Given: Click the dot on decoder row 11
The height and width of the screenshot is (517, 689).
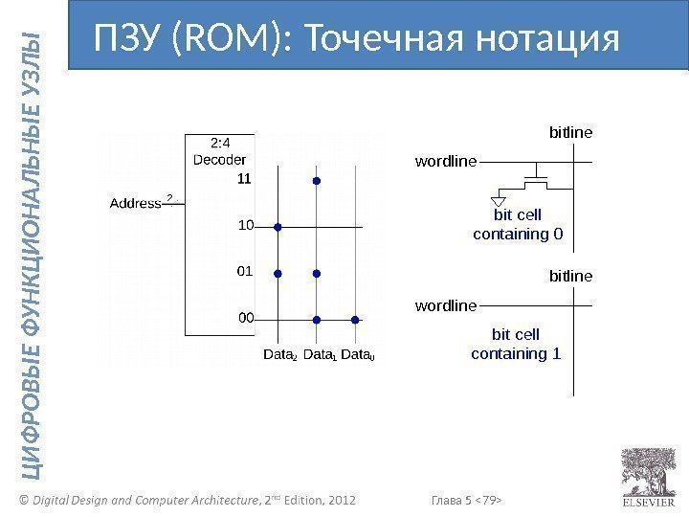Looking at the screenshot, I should point(316,179).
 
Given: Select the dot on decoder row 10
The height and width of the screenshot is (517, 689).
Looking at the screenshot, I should point(278,228).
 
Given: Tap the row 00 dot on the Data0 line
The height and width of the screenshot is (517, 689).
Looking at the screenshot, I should point(355,319).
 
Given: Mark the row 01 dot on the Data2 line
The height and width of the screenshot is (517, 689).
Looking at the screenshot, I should point(278,274).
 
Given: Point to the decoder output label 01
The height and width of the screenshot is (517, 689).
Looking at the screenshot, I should point(245,271).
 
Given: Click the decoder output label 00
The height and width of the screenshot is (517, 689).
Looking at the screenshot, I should point(246,317).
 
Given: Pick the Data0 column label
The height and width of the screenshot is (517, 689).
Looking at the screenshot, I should point(358,355).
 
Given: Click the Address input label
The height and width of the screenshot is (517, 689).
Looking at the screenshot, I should point(135,203).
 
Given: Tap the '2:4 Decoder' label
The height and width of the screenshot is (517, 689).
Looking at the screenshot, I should point(220,152).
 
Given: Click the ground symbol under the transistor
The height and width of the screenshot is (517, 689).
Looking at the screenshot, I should point(499,201).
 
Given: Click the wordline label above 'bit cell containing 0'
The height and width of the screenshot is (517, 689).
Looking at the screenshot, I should point(445,161).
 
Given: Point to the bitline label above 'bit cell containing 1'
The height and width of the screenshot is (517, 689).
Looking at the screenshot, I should point(570,276).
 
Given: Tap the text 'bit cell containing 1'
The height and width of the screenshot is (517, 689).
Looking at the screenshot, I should point(516,344).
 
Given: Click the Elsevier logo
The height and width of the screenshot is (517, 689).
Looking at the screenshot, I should point(648,473).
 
